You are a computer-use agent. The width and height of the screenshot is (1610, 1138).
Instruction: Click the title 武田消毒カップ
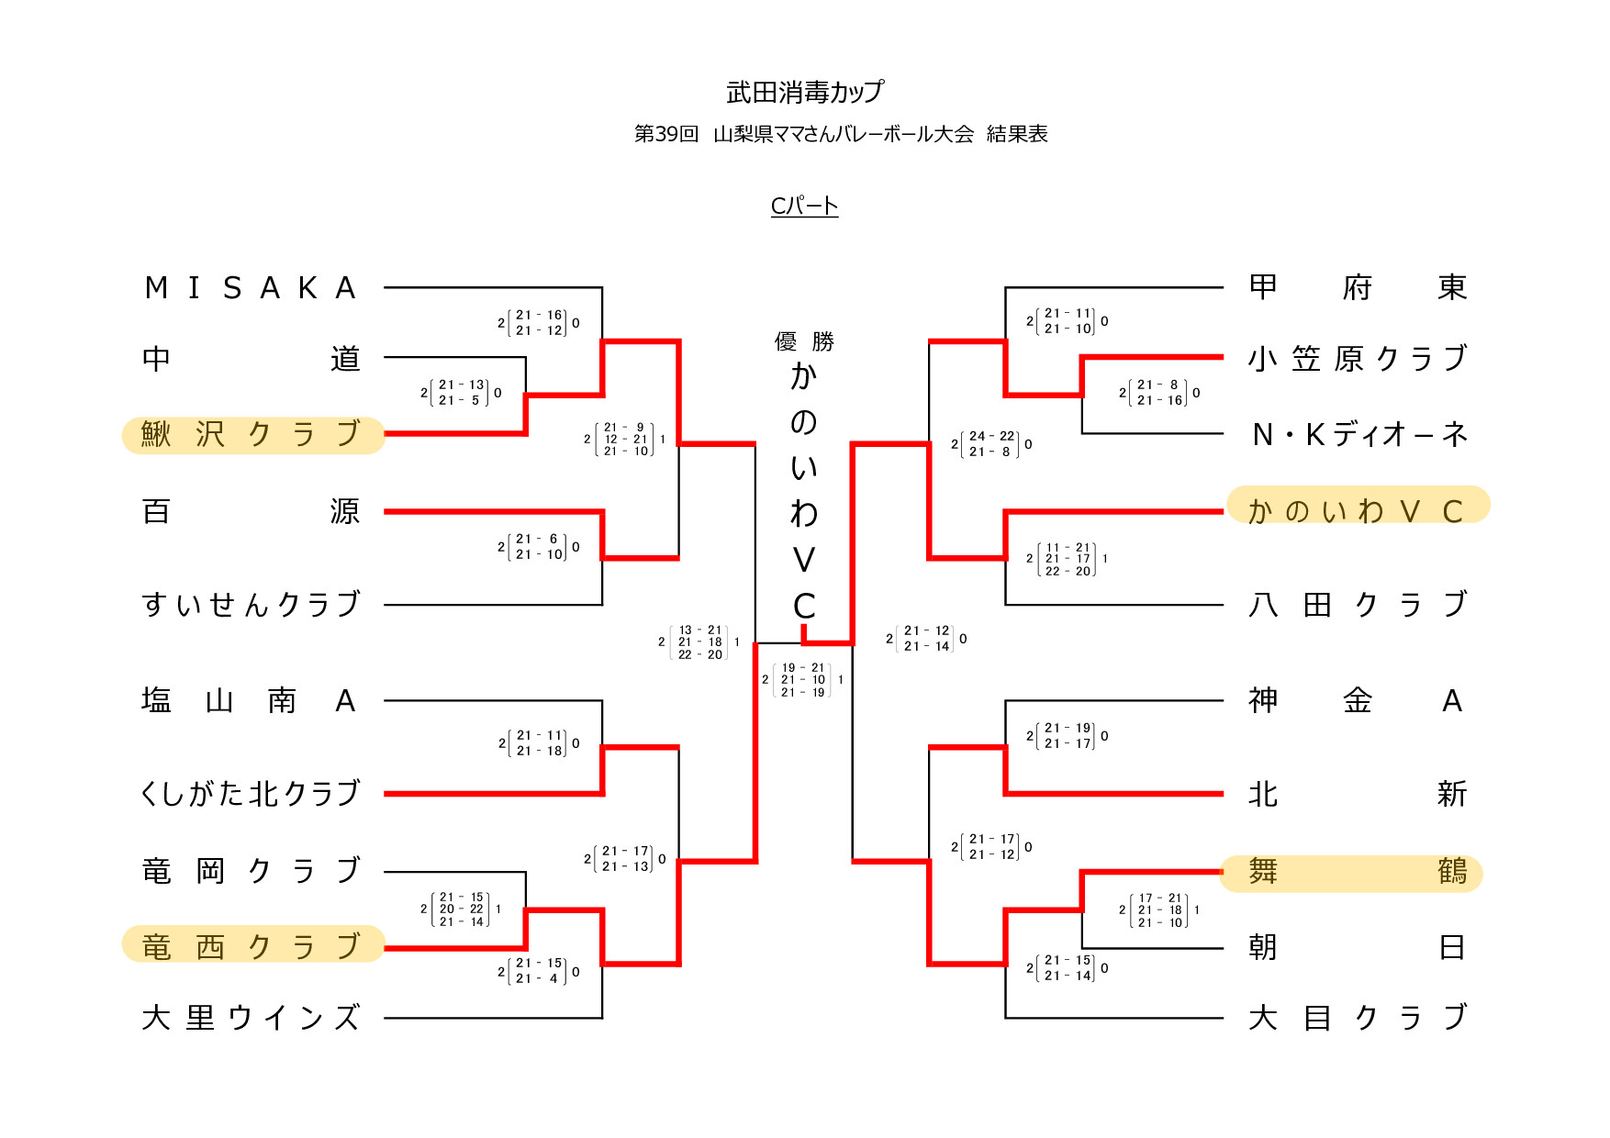click(x=804, y=92)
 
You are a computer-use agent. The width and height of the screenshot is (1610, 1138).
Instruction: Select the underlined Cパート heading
click(x=804, y=206)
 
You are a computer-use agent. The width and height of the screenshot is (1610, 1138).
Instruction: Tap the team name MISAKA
click(x=250, y=288)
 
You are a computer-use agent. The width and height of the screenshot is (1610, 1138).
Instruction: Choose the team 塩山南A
click(x=250, y=701)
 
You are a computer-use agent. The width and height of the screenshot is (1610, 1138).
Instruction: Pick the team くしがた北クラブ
click(x=250, y=794)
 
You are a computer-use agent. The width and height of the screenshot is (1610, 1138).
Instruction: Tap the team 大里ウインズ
click(x=250, y=1018)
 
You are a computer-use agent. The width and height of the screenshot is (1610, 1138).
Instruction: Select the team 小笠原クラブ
click(x=1357, y=358)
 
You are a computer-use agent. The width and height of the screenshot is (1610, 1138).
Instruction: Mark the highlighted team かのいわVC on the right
click(x=1357, y=509)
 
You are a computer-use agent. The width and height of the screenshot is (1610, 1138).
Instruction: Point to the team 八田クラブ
click(x=1357, y=605)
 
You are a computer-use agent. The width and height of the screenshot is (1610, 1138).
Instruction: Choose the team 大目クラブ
click(x=1357, y=1018)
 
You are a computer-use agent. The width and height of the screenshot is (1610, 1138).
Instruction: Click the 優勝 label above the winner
click(x=804, y=342)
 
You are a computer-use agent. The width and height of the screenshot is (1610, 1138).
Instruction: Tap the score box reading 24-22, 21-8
click(x=991, y=444)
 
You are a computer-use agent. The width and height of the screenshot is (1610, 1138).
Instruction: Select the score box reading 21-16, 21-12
click(x=539, y=323)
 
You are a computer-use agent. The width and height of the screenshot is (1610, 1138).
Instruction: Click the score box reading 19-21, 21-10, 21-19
click(x=803, y=680)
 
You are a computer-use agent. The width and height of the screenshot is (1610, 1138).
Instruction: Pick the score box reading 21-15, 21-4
click(x=539, y=971)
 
